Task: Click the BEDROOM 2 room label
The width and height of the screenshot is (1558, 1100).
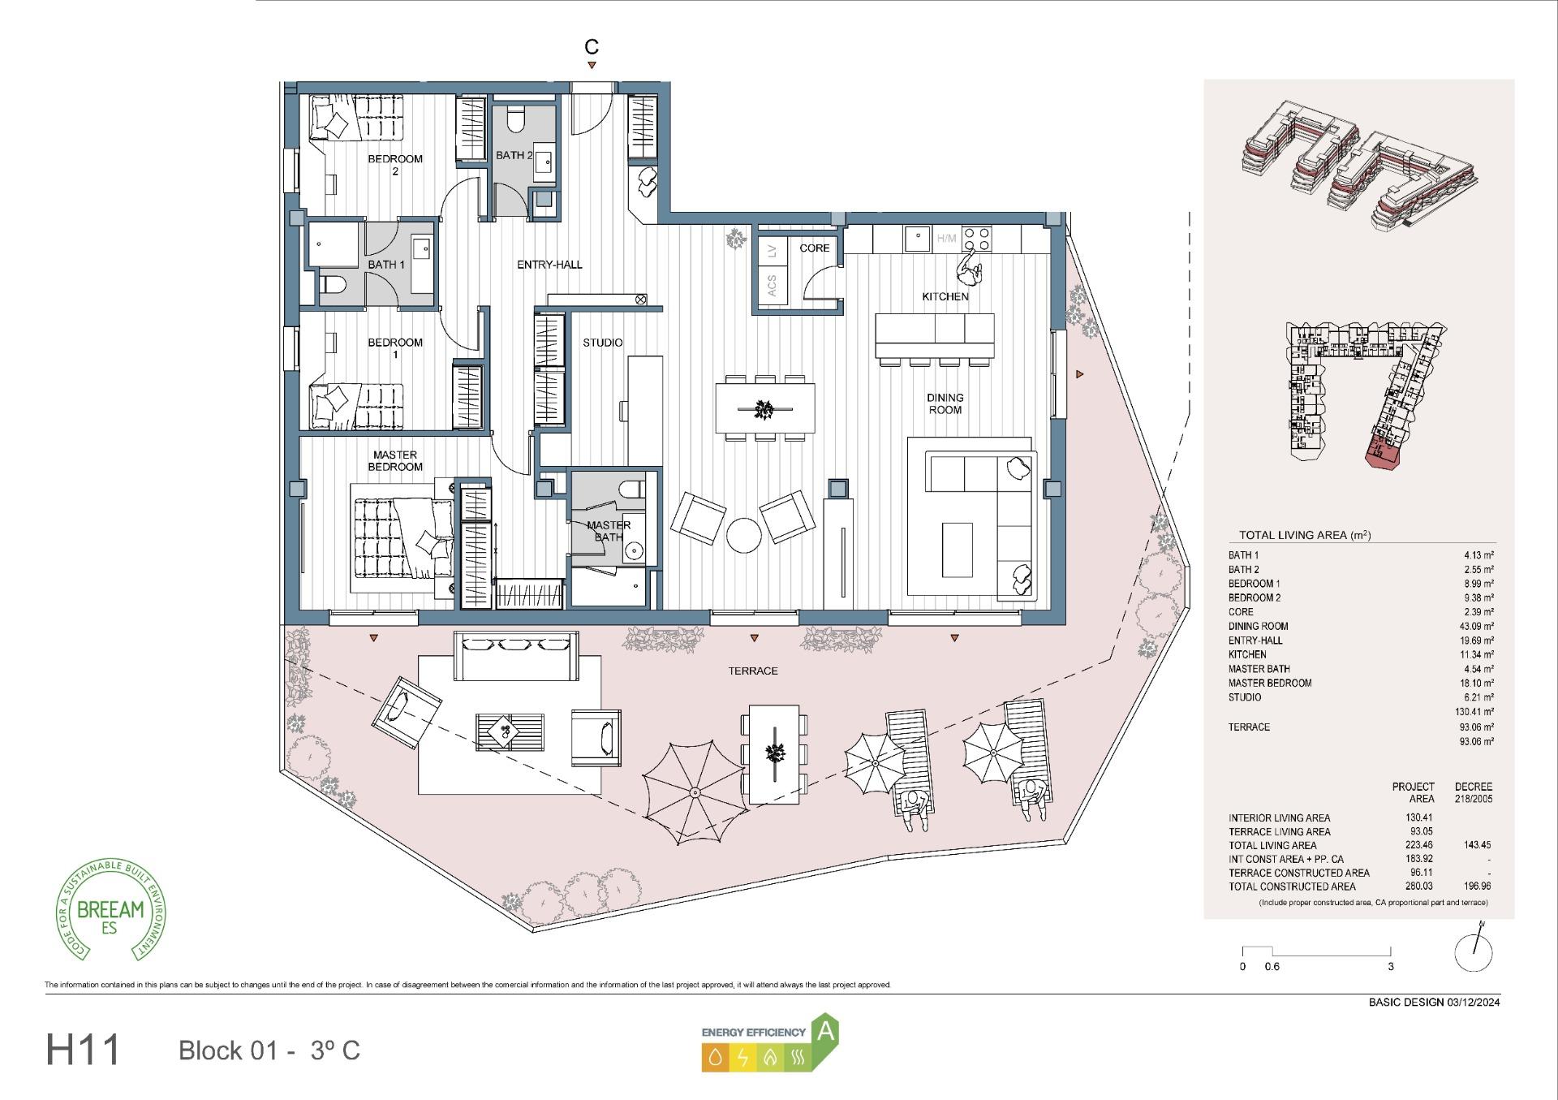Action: coord(395,165)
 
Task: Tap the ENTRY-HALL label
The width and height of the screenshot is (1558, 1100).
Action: coord(549,265)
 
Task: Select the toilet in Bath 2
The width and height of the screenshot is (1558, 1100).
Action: coord(514,122)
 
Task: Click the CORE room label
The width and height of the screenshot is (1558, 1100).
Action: coord(814,248)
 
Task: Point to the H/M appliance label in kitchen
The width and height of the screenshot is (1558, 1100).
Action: coord(946,239)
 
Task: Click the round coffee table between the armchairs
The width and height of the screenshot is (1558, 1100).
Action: coord(743,536)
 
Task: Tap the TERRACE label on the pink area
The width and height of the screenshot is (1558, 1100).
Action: coord(752,671)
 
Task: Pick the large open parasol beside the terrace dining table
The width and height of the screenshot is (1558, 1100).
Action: coord(695,791)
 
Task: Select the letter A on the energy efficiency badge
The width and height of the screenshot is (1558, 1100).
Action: coord(825,1032)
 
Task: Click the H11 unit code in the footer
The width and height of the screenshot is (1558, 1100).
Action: coord(83,1050)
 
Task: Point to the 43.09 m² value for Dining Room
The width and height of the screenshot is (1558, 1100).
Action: coord(1476,627)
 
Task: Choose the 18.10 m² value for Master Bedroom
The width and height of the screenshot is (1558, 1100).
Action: coord(1476,684)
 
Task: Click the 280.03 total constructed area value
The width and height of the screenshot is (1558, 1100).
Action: coord(1419,886)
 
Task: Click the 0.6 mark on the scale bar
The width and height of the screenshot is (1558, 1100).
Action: coord(1272,967)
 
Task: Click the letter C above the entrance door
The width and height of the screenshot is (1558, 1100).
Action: coord(592,47)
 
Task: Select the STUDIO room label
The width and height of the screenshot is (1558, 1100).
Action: coord(602,343)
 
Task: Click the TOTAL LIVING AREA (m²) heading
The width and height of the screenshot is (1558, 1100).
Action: coord(1304,535)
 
